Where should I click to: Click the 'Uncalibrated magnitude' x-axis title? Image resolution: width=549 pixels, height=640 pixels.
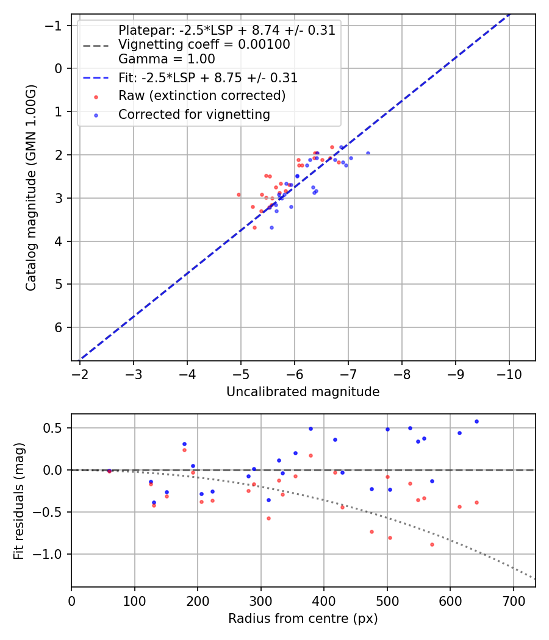[303, 392]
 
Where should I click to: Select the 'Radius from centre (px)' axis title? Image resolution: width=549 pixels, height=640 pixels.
[303, 619]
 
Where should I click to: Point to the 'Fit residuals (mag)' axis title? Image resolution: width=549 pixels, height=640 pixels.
[19, 500]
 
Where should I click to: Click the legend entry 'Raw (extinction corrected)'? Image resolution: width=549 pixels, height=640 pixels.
[202, 96]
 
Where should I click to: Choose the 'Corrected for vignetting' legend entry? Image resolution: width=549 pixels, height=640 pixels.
[194, 115]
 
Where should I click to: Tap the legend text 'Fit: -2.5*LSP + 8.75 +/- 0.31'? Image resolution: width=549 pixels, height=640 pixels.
[208, 78]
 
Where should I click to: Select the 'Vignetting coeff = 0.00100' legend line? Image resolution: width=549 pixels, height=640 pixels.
[204, 44]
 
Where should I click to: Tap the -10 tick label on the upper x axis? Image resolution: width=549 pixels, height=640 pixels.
[509, 374]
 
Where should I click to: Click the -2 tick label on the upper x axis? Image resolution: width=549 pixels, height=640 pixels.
[80, 374]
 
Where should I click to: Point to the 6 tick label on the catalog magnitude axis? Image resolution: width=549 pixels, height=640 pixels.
[59, 328]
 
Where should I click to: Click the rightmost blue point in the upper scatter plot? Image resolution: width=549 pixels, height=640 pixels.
[368, 153]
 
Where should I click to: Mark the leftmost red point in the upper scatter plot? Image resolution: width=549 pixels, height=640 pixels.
[239, 194]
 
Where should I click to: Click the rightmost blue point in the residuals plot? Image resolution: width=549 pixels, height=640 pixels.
[476, 421]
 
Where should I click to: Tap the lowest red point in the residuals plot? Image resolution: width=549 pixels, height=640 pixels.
[432, 544]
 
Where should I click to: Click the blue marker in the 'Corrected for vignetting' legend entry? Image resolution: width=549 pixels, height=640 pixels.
[96, 115]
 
